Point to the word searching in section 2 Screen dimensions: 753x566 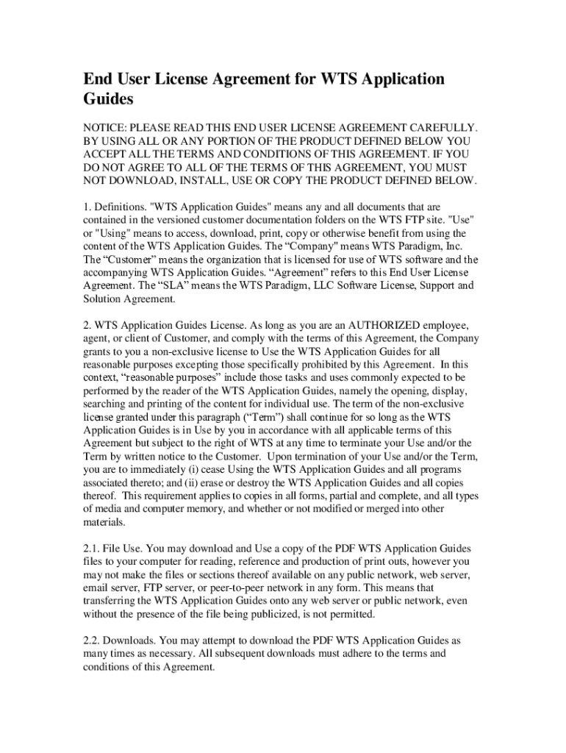107,404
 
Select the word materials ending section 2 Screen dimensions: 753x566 104,523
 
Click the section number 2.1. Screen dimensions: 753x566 92,549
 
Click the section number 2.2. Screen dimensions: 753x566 92,641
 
